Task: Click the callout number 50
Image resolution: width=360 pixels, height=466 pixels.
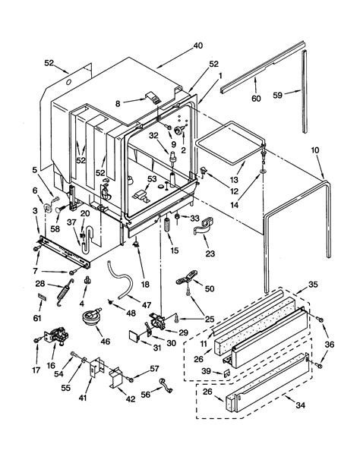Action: [x=210, y=288]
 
